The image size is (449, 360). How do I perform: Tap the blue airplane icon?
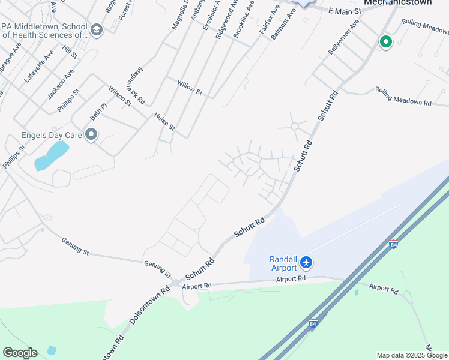coord(307,262)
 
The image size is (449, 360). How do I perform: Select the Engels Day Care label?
coord(56,135)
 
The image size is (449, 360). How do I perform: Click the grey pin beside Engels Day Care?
coord(91,135)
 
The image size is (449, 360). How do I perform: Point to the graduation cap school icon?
coord(96,29)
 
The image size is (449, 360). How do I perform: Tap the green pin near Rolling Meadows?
coord(385,42)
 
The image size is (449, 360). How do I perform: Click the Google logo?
coord(20,353)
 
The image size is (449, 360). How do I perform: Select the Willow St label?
coord(190,88)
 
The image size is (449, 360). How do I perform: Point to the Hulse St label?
coord(164,122)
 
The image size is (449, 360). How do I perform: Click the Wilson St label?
coord(119,96)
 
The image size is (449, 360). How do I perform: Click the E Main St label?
coord(346,10)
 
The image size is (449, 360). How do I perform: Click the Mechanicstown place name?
coord(397,2)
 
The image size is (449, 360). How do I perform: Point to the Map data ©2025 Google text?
coord(412,355)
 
